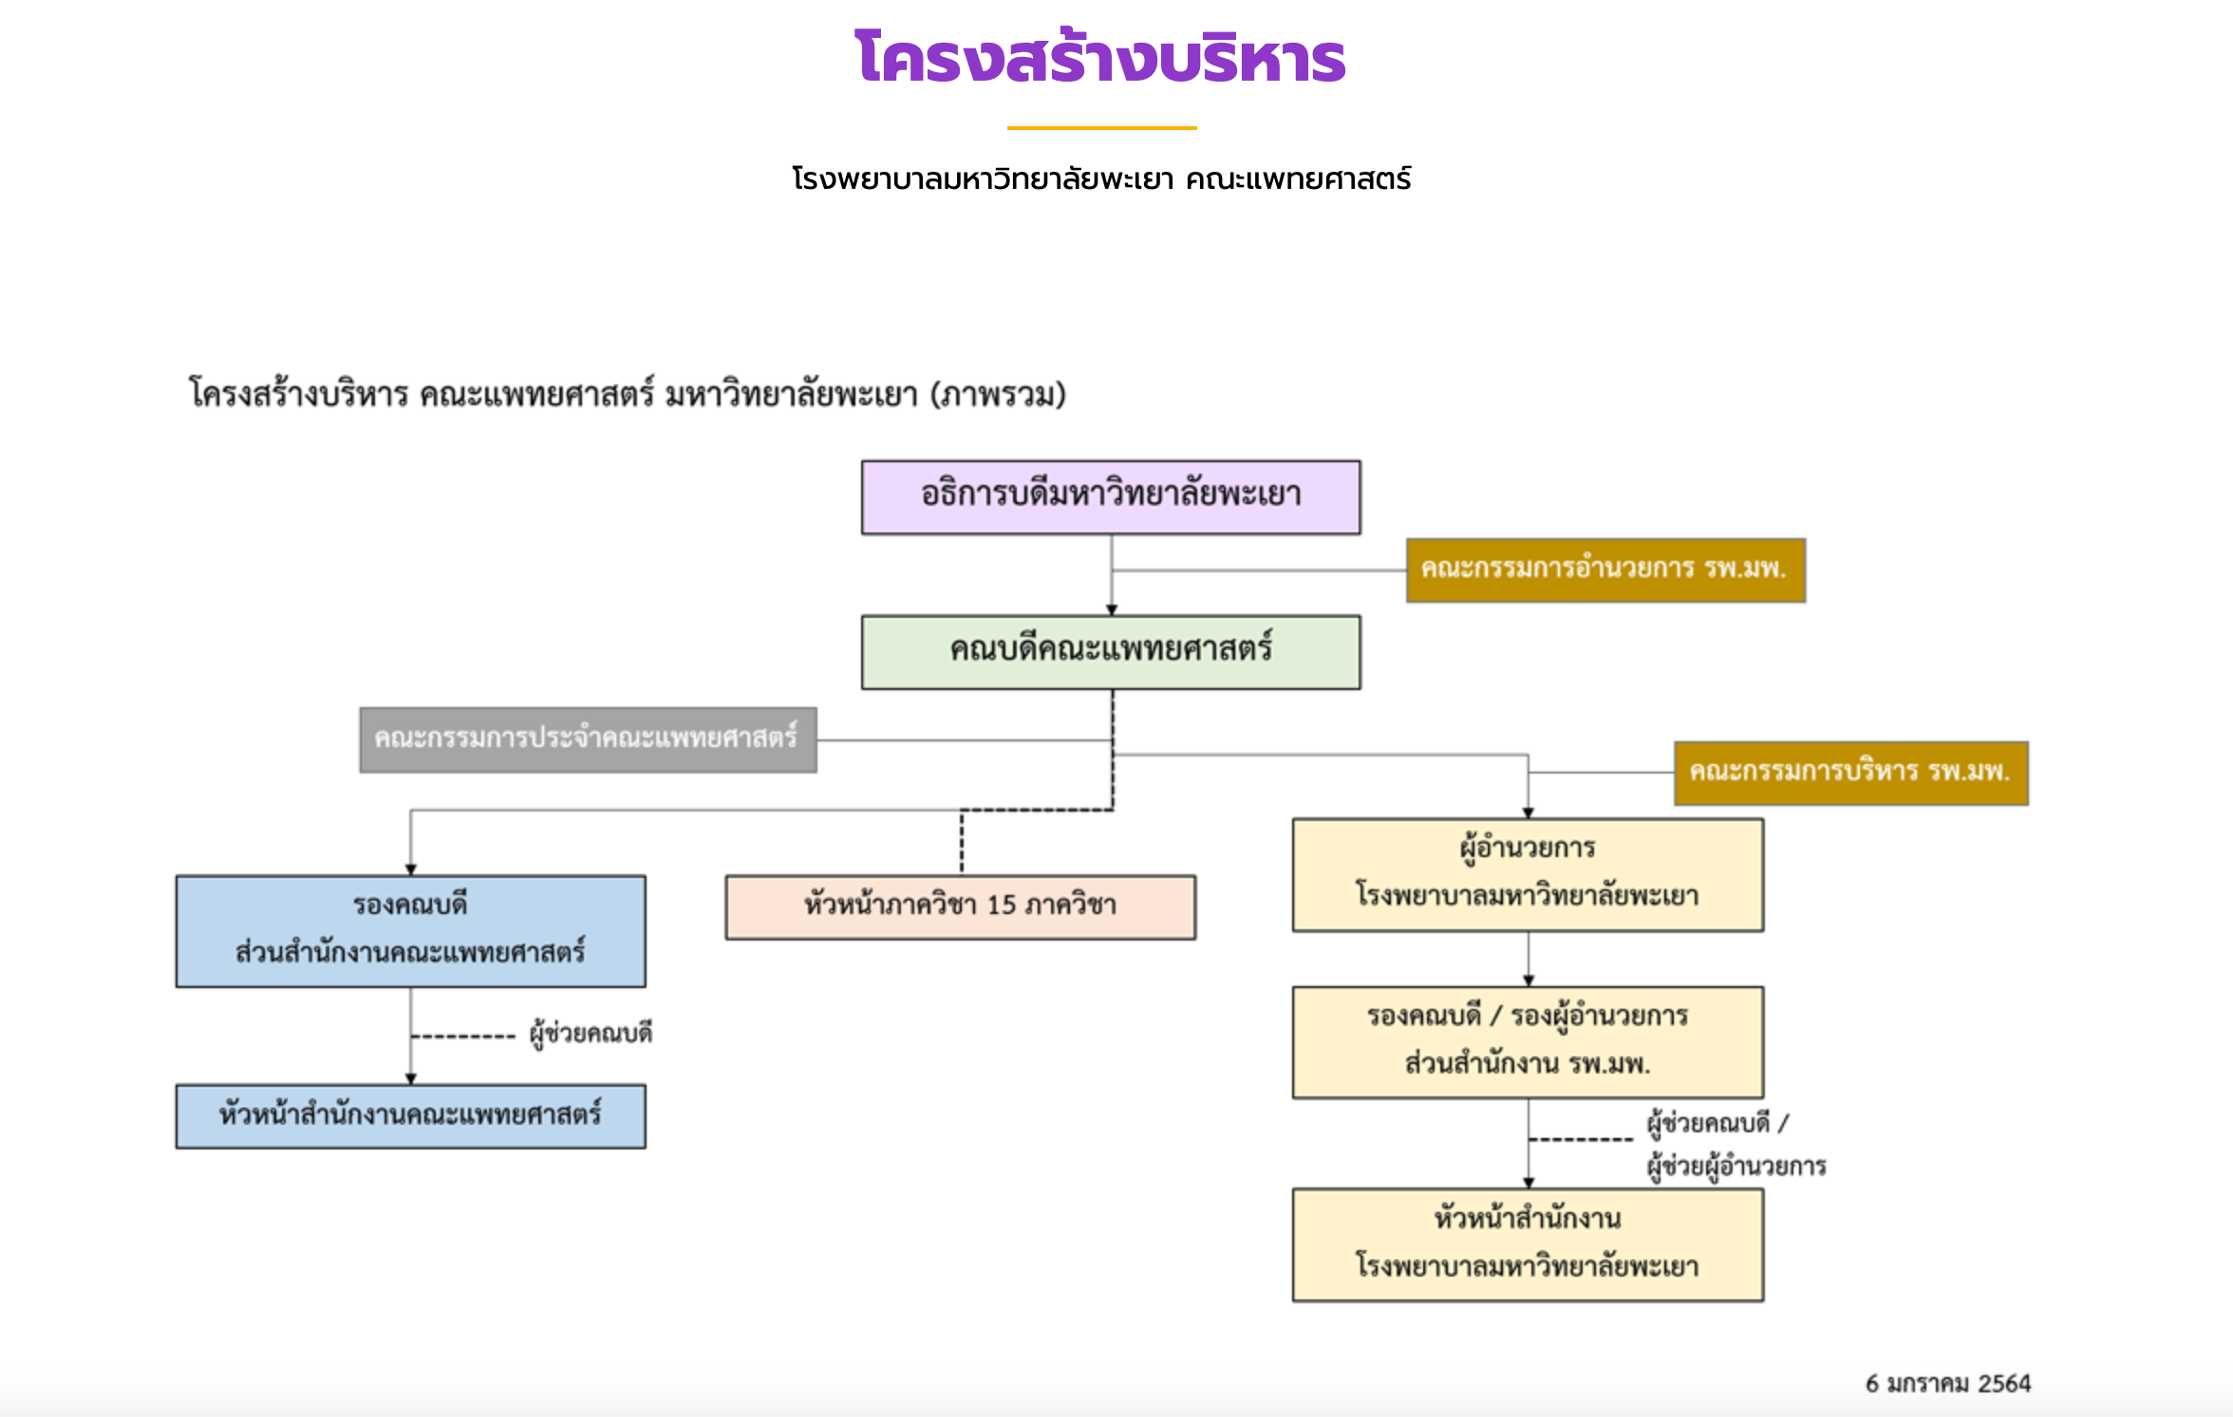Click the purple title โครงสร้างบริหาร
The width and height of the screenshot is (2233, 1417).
(x=1099, y=59)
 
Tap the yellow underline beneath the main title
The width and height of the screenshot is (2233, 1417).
(x=1101, y=127)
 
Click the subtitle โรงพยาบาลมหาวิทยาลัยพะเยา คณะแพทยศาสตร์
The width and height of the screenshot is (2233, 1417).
(x=1101, y=178)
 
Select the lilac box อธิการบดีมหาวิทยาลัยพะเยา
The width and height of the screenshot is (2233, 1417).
(x=1111, y=497)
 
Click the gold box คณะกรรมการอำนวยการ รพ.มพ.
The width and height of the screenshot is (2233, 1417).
(x=1605, y=569)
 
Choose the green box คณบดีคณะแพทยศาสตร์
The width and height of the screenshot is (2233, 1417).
(x=1111, y=652)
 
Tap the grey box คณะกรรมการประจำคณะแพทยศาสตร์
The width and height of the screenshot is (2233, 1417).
(x=588, y=739)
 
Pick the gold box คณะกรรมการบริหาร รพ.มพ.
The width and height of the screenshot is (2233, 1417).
(x=1850, y=773)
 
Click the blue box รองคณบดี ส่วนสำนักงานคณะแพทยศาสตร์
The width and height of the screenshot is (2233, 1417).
(x=410, y=931)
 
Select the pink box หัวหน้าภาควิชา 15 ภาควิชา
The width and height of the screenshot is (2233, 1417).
(x=960, y=906)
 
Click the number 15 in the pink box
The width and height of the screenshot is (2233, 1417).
(x=1002, y=905)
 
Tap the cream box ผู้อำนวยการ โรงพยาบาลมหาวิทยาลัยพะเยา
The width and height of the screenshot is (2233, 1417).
(x=1528, y=874)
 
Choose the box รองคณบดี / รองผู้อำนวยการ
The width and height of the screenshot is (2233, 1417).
(x=1528, y=1042)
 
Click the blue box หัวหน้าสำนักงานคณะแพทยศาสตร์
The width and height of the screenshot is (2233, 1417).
(x=410, y=1116)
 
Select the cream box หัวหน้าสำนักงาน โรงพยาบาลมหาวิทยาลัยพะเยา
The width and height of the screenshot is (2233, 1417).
(x=1528, y=1244)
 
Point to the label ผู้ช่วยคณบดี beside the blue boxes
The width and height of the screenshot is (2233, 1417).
(x=591, y=1033)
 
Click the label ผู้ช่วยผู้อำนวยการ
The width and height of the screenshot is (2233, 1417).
(x=1736, y=1165)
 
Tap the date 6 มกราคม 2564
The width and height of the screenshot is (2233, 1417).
(x=1947, y=1384)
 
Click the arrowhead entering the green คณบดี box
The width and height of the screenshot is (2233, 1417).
(x=1112, y=610)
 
